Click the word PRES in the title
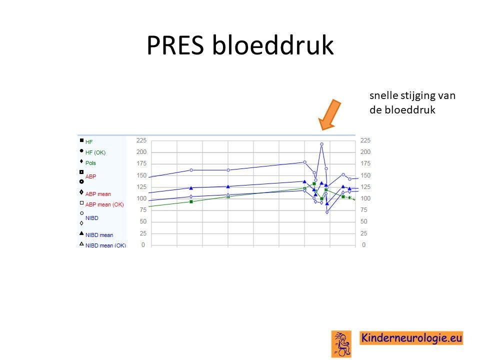point(175,45)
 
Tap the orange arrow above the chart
point(329,114)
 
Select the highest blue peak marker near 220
point(321,144)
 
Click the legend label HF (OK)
point(95,152)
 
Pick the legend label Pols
point(90,163)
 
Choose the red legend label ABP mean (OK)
point(104,204)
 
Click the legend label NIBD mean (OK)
point(105,245)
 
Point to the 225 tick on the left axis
point(141,140)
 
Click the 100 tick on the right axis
point(365,198)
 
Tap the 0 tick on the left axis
point(143,245)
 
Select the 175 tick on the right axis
point(365,163)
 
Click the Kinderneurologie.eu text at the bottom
point(411,338)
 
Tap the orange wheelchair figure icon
point(341,344)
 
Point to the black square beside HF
point(81,140)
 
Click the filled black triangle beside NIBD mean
point(81,233)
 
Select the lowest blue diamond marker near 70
point(327,212)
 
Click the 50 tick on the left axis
point(143,221)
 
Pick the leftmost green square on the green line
point(191,201)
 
